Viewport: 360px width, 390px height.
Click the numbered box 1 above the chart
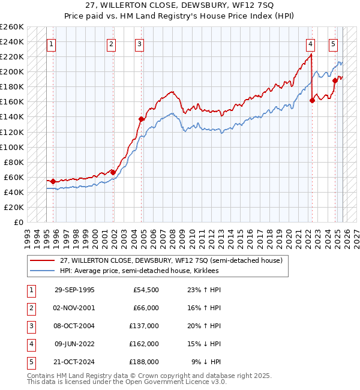[52, 44]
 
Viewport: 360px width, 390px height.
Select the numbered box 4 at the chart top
[310, 44]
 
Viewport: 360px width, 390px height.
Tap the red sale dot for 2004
[142, 119]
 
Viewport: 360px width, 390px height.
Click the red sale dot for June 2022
[312, 100]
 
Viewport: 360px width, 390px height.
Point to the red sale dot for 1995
[53, 181]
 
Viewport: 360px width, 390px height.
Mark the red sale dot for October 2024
[335, 80]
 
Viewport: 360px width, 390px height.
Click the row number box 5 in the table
[31, 362]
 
